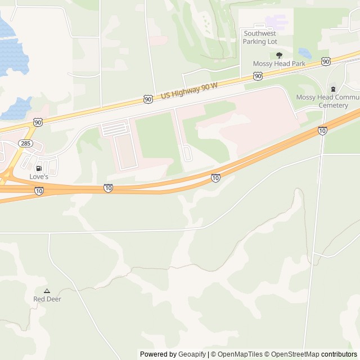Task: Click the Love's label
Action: coord(39,177)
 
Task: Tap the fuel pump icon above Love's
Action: coord(39,168)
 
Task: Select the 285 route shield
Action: coord(25,143)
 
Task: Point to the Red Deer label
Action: coord(47,299)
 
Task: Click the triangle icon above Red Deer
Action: coord(47,291)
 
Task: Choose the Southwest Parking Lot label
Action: coord(260,37)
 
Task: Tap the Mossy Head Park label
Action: coord(279,64)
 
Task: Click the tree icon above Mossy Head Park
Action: coord(279,55)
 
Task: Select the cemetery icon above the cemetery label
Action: coord(333,88)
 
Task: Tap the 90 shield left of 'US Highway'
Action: coord(147,99)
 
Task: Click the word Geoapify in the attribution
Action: coord(192,354)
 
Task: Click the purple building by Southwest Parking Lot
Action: coord(276,22)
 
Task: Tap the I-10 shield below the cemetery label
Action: coord(322,130)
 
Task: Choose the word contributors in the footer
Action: coord(339,354)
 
